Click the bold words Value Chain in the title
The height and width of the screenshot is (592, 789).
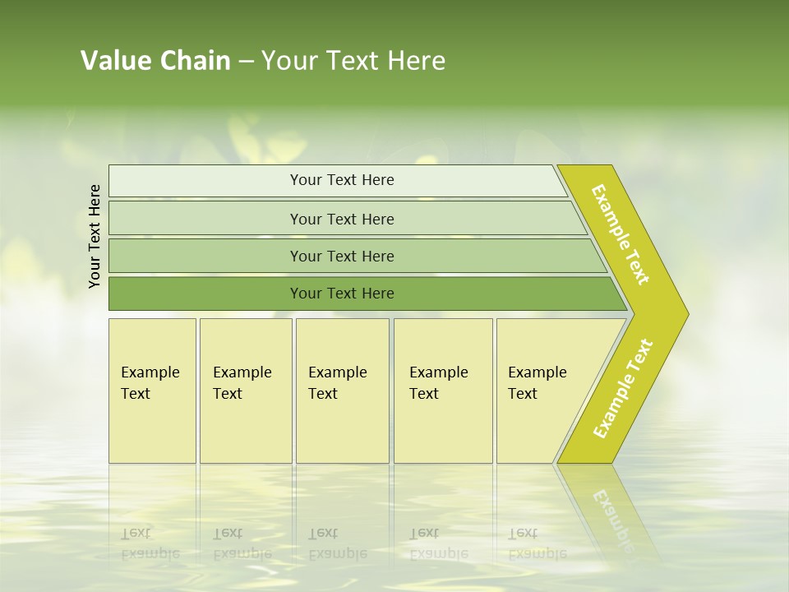click(155, 61)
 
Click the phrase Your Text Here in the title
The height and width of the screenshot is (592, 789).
click(353, 61)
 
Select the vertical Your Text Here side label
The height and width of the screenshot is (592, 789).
click(95, 236)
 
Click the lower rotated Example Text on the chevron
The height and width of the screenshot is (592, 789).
click(623, 389)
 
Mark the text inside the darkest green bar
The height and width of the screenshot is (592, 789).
click(342, 294)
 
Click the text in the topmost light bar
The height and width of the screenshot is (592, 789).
click(342, 180)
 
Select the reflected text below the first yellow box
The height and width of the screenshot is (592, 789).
click(150, 543)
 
